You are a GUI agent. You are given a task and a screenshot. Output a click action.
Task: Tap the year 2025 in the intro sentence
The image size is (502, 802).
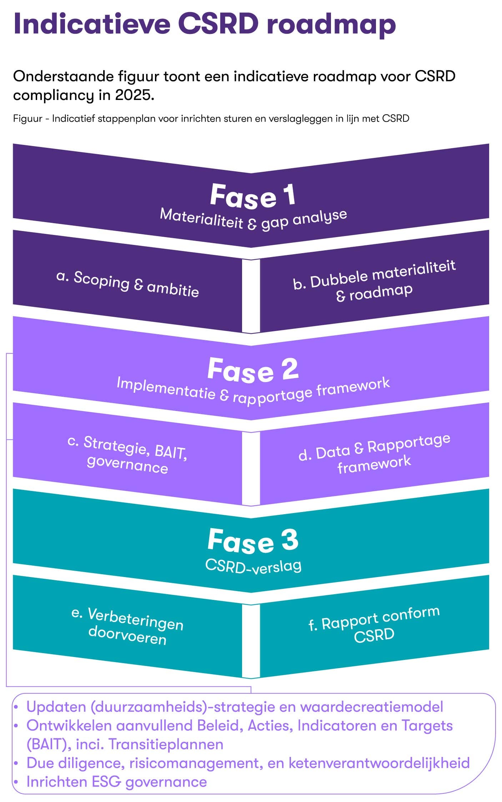(x=135, y=95)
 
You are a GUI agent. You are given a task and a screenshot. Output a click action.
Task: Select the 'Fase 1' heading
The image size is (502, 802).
(x=252, y=196)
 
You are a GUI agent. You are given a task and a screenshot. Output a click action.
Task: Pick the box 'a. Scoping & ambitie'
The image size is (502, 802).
(x=127, y=284)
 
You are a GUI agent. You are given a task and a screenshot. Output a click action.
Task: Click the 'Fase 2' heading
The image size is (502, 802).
(x=252, y=370)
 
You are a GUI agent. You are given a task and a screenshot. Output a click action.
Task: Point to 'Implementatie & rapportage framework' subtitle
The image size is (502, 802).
(x=253, y=392)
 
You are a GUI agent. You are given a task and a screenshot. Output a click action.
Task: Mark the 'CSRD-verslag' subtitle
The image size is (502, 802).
(x=253, y=566)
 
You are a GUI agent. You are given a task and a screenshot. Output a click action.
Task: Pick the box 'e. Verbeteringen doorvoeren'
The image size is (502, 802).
(x=127, y=627)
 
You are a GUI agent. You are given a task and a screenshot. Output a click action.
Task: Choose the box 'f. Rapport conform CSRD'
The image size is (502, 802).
(x=374, y=625)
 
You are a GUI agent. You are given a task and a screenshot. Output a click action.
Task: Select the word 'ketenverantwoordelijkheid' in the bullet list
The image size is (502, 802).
(x=379, y=762)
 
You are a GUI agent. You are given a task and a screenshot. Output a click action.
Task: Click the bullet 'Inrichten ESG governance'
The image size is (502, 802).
(x=116, y=781)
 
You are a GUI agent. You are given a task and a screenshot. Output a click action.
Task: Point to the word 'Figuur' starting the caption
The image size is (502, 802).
(x=28, y=119)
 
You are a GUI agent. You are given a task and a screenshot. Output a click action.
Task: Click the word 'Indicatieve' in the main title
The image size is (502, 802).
(x=92, y=24)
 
